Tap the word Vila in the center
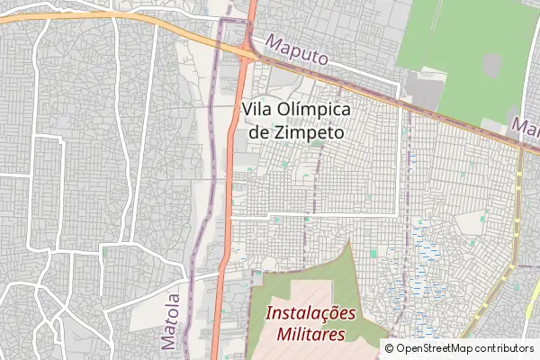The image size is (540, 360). tap(258, 108)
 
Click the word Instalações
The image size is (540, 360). tap(311, 314)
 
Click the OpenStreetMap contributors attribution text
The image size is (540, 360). tap(464, 348)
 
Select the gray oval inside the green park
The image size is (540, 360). tap(491, 65)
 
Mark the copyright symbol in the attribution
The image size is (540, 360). tap(390, 348)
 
